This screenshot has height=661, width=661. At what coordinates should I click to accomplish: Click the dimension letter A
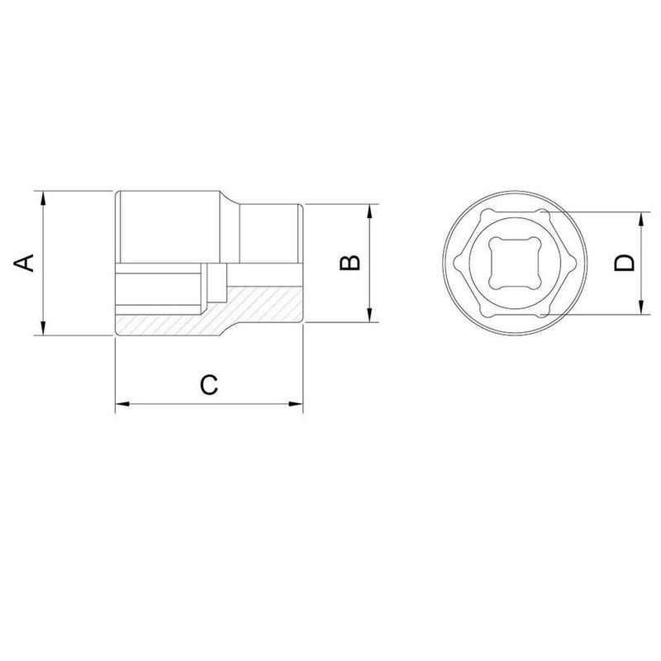(26, 263)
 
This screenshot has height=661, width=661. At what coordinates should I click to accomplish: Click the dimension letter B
(350, 263)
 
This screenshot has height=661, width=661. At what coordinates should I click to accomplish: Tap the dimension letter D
(625, 263)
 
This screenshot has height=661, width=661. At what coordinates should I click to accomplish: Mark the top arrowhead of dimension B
(369, 210)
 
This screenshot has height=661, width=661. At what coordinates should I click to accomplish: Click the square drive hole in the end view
(514, 263)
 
